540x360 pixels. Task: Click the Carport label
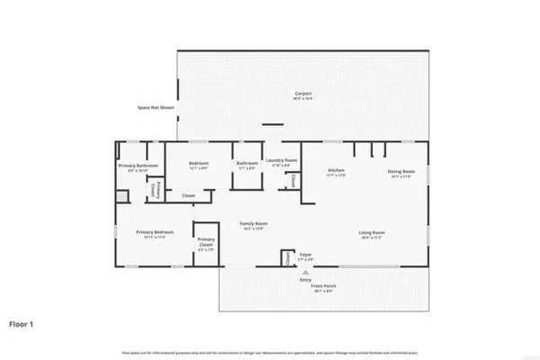pos(302,94)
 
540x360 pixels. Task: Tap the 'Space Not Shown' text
pos(156,107)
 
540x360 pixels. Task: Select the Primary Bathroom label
pos(139,166)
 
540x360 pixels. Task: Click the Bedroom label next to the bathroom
pos(199,166)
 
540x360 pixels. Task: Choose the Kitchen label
pos(337,170)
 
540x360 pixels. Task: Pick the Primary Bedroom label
pos(154,233)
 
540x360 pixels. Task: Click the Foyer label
pos(305,256)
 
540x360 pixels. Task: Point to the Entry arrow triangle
pos(305,272)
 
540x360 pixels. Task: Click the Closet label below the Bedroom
pos(188,195)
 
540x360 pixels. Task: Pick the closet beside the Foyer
pos(288,258)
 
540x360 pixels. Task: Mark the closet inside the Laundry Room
pos(294,181)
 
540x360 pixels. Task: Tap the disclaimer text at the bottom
pos(270,348)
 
